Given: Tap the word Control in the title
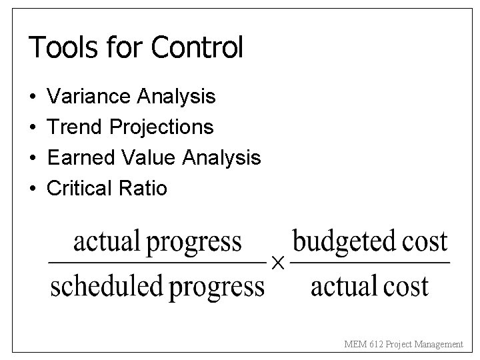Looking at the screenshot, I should click(197, 48).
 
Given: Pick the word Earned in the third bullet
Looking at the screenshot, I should click(78, 158).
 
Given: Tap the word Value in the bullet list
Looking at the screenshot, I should click(142, 158).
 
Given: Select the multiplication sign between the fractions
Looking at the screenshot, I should click(278, 265).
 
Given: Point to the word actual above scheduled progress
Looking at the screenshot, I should click(105, 241).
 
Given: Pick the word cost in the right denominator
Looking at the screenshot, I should click(406, 287).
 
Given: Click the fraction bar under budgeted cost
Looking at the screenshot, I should click(371, 264).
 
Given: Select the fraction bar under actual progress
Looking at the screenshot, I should click(157, 264).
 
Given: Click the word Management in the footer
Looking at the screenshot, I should click(437, 344).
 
